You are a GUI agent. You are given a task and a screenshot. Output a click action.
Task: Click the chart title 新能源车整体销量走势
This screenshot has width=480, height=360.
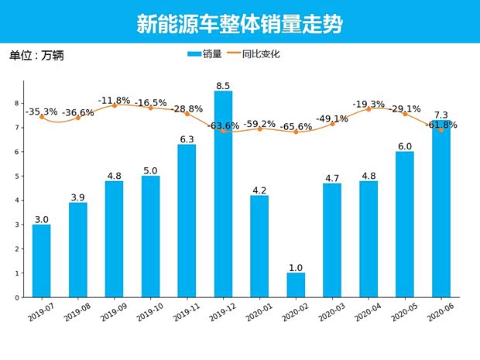coord(239,24)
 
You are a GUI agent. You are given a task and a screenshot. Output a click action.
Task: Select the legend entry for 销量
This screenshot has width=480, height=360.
coord(204,54)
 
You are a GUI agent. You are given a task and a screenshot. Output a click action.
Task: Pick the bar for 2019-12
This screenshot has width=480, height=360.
coord(223,194)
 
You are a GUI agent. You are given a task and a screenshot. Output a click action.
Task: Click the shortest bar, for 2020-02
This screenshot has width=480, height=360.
coord(296,285)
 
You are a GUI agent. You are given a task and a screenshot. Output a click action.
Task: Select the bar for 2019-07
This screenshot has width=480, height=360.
coord(42,261)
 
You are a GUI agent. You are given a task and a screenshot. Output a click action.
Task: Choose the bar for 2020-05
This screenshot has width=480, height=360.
coord(405,225)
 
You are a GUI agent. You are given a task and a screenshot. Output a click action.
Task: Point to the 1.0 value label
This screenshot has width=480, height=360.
coord(296,267)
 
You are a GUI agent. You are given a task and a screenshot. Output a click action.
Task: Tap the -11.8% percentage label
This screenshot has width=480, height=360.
coord(114,101)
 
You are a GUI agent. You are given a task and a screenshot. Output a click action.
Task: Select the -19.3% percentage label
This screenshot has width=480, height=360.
coord(369,104)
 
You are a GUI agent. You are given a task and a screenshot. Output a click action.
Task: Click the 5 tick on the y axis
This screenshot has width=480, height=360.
coord(17,176)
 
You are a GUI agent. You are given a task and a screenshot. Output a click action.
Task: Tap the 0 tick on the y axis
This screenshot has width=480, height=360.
coord(17,297)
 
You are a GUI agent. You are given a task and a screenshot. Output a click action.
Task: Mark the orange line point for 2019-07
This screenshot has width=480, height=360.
coord(42,117)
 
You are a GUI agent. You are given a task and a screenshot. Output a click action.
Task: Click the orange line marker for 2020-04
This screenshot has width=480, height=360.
coord(369,109)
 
